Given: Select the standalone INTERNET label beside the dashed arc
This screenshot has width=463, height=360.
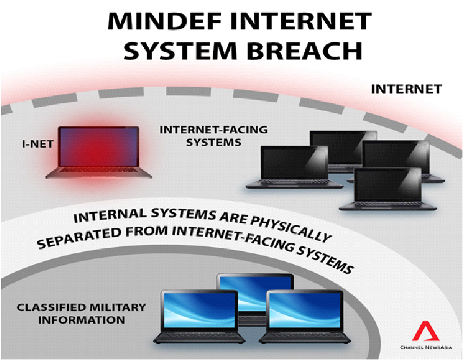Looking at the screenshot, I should point(406,89).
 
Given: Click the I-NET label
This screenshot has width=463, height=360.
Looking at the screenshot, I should point(34,144).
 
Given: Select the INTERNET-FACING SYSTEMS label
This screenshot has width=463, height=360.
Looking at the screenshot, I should point(213,136).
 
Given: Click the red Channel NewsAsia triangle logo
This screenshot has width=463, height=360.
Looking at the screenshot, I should point(424,332).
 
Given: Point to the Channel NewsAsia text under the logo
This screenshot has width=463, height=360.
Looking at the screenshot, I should point(425,348).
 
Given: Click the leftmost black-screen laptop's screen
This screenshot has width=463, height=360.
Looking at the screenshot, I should point(294,163).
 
